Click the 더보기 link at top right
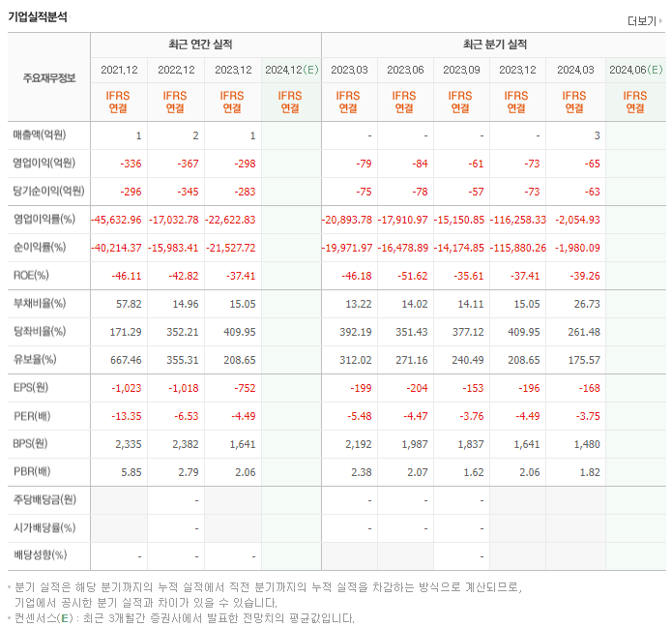point(644,21)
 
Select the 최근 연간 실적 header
point(205,45)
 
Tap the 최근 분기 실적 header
point(494,45)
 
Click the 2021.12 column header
point(119,70)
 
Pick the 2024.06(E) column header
point(634,70)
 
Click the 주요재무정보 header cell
point(48,78)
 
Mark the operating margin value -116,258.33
point(517,220)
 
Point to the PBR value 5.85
point(131,472)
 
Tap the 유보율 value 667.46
point(126,359)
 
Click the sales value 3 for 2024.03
point(597,135)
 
